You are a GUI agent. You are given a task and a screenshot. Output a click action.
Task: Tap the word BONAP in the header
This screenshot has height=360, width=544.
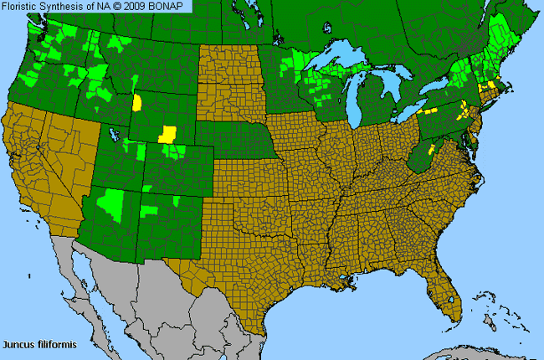(x=172, y=7)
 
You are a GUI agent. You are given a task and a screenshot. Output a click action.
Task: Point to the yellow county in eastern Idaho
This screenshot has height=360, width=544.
(x=137, y=102)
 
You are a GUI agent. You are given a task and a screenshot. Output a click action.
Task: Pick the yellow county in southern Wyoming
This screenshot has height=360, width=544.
(x=168, y=134)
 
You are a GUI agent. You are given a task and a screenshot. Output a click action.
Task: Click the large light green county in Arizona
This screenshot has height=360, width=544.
(x=110, y=201)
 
